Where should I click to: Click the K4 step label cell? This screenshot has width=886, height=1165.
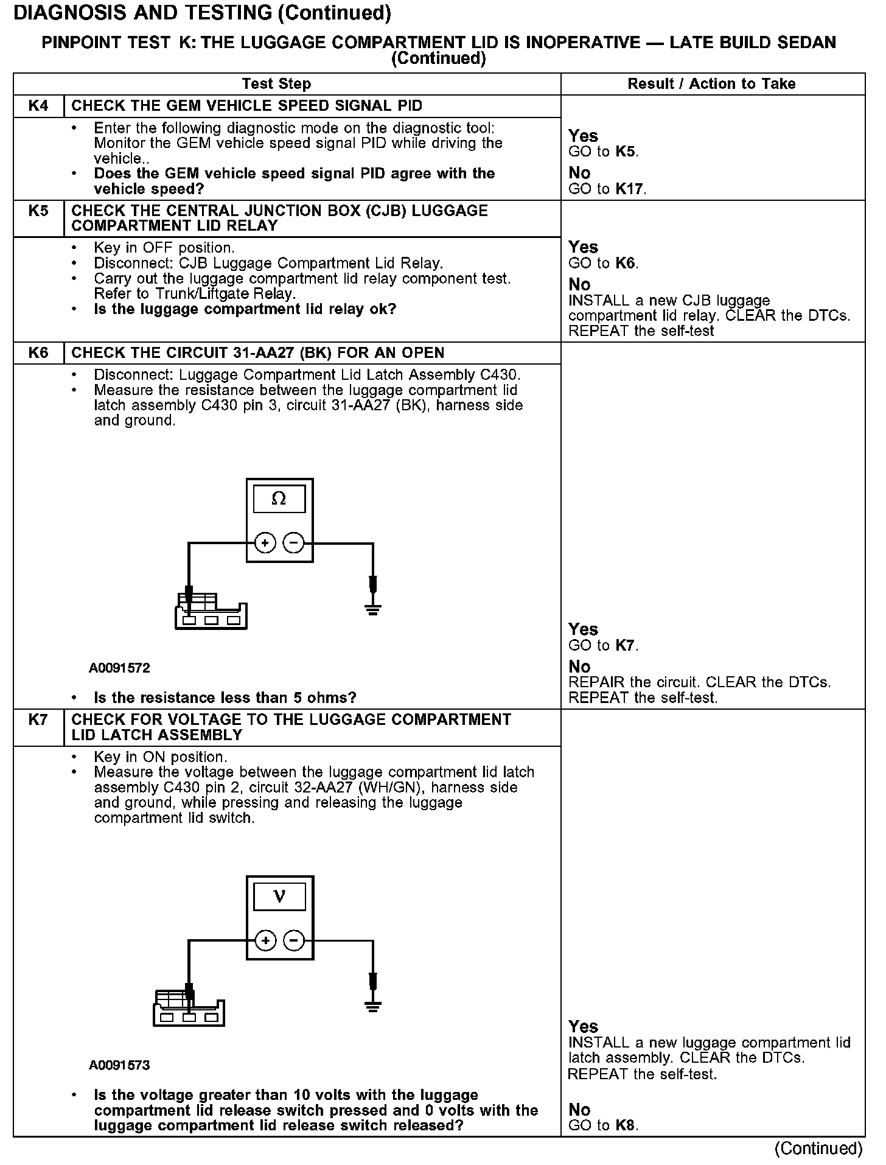click(x=38, y=106)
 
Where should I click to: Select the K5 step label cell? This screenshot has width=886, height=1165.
click(x=38, y=211)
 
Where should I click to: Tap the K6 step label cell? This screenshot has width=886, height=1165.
click(x=38, y=353)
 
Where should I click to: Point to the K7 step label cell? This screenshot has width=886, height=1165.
click(x=38, y=720)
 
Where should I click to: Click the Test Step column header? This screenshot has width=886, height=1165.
click(x=276, y=84)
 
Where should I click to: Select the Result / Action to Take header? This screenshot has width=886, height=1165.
click(x=711, y=84)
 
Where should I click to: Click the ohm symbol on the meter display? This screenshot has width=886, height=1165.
click(x=279, y=499)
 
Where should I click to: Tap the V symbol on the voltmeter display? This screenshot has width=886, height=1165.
click(x=279, y=897)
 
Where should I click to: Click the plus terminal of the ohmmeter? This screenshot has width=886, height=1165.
click(x=265, y=542)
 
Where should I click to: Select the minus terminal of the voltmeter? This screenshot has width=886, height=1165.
click(x=294, y=940)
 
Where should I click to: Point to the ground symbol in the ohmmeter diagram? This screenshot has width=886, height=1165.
click(x=373, y=609)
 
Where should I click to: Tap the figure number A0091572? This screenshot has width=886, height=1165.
click(x=119, y=668)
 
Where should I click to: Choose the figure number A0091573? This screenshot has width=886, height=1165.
click(x=119, y=1065)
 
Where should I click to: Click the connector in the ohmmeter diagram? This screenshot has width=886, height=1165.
click(x=210, y=612)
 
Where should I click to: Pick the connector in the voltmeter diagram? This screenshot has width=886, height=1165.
click(x=188, y=1009)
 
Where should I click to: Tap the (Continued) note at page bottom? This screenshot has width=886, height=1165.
click(x=818, y=1149)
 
